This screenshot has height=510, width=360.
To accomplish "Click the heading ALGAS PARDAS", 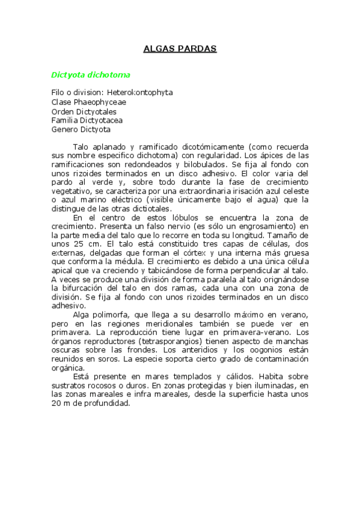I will pos(180,49).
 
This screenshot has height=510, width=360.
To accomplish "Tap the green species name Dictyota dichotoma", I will pos(91,75).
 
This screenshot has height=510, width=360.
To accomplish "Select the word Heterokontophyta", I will pos(140,93).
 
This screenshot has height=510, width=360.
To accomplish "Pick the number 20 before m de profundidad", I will pos(56,404).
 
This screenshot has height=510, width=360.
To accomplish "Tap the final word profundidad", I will pos(106,404).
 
